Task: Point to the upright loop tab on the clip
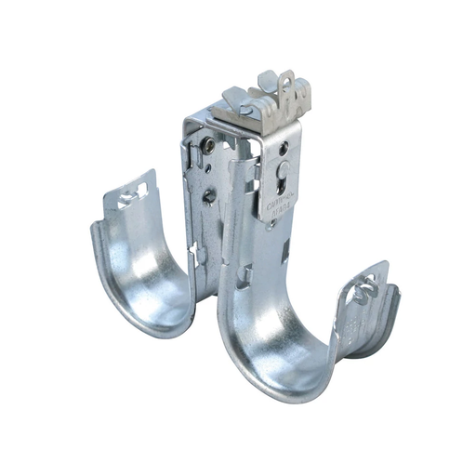click(296, 89)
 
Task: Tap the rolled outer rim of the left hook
click(102, 270)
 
